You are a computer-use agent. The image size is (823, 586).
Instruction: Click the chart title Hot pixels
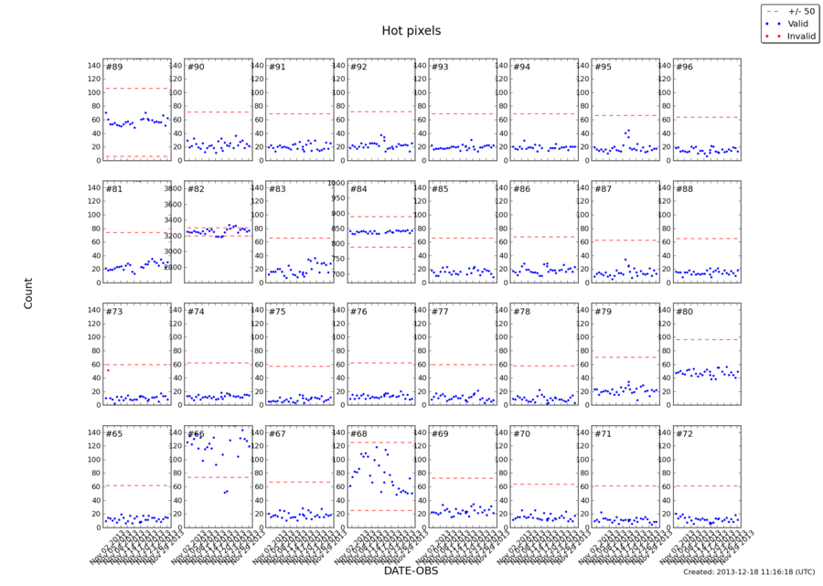tap(411, 31)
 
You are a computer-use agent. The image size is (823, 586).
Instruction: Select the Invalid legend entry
tap(800, 37)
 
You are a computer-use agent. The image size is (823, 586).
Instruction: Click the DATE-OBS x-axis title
tap(411, 570)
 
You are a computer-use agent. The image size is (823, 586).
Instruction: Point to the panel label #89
tap(114, 67)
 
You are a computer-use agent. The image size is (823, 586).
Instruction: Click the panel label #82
tap(196, 189)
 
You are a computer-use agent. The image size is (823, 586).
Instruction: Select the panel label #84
tap(358, 189)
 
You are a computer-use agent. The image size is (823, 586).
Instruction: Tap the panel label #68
tap(358, 433)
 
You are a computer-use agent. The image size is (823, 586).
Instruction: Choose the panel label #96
tap(683, 67)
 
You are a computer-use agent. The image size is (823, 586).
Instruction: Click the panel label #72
tap(683, 433)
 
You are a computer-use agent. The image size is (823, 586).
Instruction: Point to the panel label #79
tap(602, 312)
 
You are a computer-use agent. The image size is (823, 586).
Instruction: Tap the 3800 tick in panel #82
tap(172, 187)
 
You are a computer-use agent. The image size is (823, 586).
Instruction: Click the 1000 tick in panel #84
tap(335, 183)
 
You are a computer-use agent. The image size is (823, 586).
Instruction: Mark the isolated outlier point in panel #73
tap(108, 370)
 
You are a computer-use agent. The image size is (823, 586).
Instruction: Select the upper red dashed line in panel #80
tap(707, 340)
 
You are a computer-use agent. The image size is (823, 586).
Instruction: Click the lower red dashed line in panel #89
tap(136, 156)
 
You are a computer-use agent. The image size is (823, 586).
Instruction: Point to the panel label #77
tap(440, 312)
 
